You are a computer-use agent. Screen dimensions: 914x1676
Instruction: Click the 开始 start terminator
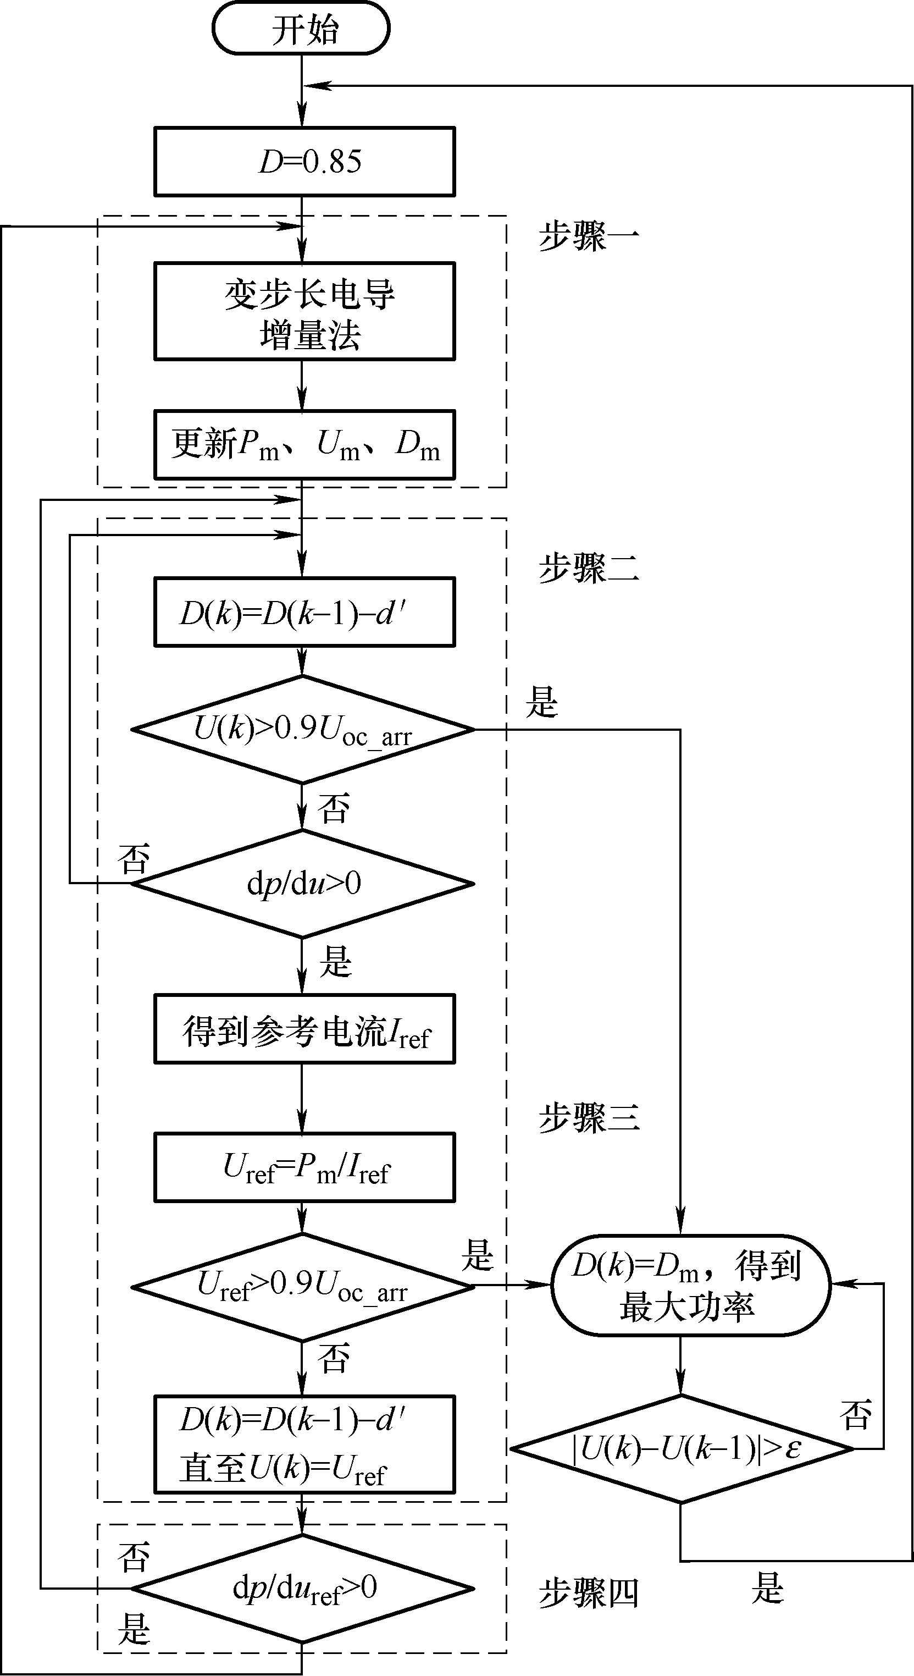(301, 29)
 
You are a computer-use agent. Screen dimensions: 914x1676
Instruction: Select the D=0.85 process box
(304, 161)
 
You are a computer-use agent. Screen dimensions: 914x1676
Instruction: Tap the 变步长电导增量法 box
(304, 311)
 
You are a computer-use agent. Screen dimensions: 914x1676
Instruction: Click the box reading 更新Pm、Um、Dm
(304, 445)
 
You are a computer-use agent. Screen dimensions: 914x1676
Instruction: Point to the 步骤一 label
(589, 237)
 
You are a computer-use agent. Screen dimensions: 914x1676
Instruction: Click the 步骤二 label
(589, 567)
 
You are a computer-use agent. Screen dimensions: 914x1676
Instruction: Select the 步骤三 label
(589, 1118)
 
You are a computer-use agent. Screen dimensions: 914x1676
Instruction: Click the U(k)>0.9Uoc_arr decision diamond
(302, 729)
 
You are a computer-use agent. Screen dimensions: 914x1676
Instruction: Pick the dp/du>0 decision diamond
(302, 884)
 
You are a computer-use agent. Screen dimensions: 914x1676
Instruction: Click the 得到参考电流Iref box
(304, 1029)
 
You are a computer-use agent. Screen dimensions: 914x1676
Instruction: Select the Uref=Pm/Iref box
(304, 1167)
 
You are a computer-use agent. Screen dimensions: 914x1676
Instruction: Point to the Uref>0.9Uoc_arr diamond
(302, 1287)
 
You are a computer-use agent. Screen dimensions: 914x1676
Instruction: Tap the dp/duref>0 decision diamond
(302, 1589)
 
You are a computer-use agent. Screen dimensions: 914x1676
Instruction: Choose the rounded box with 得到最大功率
(691, 1286)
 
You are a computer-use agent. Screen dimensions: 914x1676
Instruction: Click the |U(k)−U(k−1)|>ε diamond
(682, 1449)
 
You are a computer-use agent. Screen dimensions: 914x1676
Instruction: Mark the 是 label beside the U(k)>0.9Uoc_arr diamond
(542, 702)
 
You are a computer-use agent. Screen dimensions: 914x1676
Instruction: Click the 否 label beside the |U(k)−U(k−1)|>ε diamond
(855, 1415)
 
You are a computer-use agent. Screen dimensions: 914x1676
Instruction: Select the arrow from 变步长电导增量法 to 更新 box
(302, 385)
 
